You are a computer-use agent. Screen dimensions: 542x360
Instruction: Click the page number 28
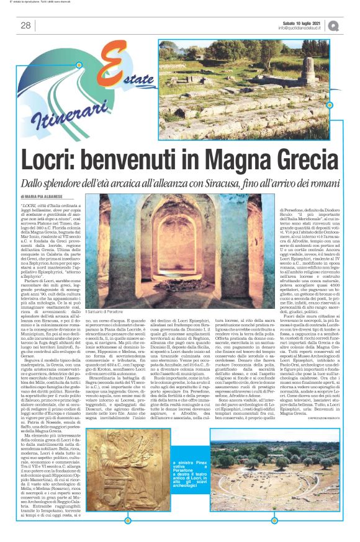[x=25, y=25]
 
